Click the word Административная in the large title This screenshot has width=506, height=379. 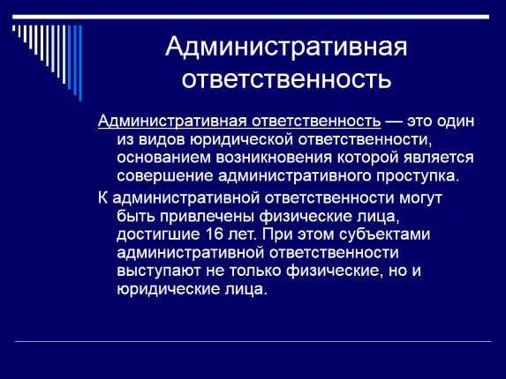point(286,47)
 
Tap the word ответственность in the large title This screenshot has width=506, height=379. point(286,79)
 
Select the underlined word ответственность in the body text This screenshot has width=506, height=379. point(316,122)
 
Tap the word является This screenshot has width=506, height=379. point(439,158)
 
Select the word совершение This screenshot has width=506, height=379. point(165,176)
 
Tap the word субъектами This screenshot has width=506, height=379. point(385,234)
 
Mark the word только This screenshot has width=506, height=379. point(255,271)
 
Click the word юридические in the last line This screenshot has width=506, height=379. point(168,289)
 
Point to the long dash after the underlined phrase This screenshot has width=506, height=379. point(394,122)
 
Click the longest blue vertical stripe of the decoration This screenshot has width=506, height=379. point(80,63)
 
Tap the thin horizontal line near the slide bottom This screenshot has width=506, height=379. point(253,341)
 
